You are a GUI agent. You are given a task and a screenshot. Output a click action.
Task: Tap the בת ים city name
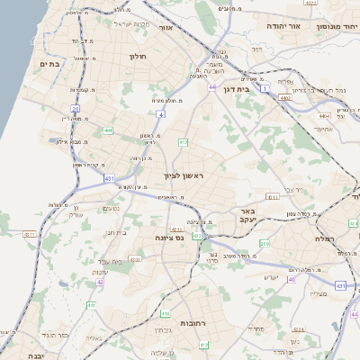pyautogui.click(x=49, y=64)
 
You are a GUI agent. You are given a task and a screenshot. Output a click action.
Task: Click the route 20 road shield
pyautogui.click(x=76, y=109)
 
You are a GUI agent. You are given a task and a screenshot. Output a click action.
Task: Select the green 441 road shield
pyautogui.click(x=108, y=130)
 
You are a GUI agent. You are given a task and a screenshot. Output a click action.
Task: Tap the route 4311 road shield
pyautogui.click(x=30, y=234)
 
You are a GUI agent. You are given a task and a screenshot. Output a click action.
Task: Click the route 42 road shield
pyautogui.click(x=100, y=282)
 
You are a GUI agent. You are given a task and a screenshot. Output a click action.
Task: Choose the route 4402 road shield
pyautogui.click(x=285, y=97)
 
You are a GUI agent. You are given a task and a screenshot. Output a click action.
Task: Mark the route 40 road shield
pyautogui.click(x=291, y=279)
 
